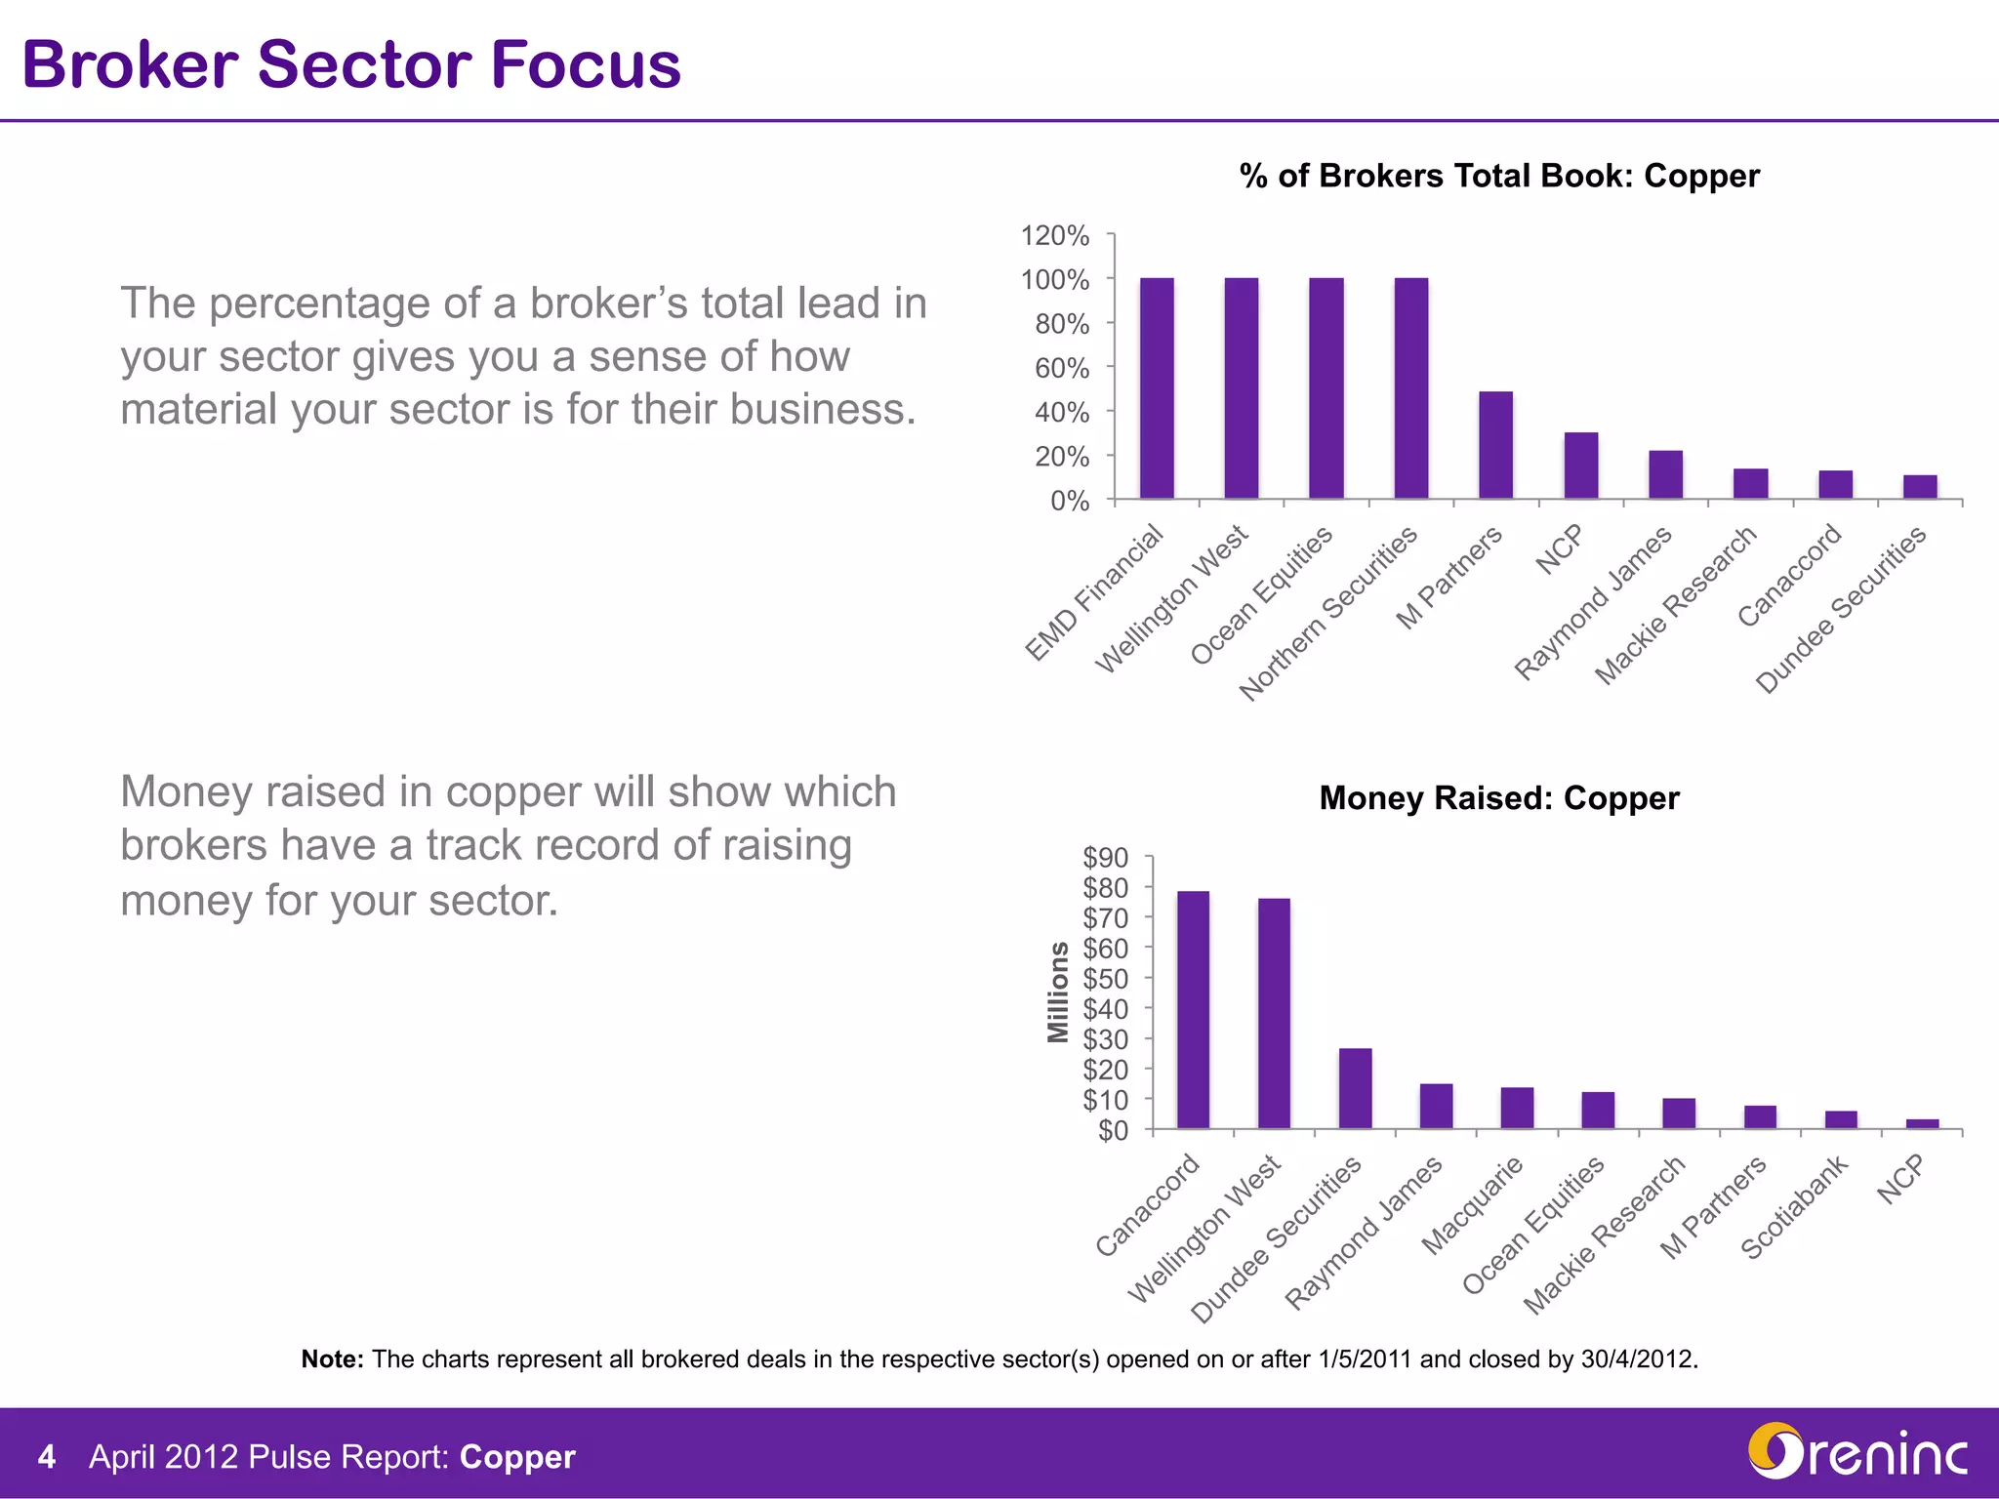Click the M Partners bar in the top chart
tap(1495, 446)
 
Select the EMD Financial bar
tap(1157, 388)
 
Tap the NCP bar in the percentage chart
tap(1580, 466)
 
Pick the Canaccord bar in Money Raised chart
tap(1193, 1010)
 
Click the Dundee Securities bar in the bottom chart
tap(1355, 1089)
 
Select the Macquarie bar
tap(1517, 1109)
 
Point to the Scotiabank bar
tap(1841, 1120)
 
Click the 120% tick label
tap(1054, 235)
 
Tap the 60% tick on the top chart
tap(1062, 368)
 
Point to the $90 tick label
tap(1105, 857)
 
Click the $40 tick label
tap(1105, 1008)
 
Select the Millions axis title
tap(1058, 992)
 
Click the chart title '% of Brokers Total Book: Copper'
tap(1499, 176)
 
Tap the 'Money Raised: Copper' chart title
tap(1499, 798)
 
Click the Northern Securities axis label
tap(1328, 614)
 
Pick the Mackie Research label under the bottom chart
tap(1605, 1235)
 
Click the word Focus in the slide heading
tap(586, 64)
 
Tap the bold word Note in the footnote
tap(332, 1359)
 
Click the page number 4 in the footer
tap(46, 1457)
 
